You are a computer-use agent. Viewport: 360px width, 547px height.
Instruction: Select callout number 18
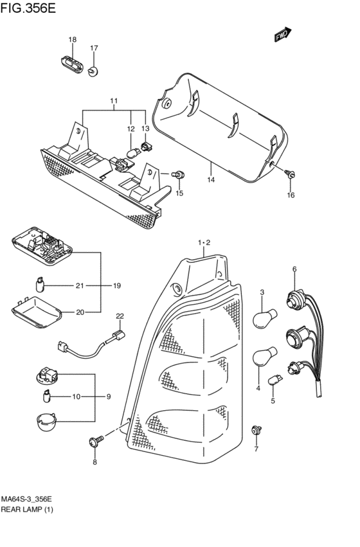click(73, 40)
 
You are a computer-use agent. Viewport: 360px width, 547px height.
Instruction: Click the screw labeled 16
click(291, 174)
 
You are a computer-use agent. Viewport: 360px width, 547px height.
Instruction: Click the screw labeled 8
click(96, 441)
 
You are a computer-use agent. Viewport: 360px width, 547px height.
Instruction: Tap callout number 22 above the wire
click(120, 316)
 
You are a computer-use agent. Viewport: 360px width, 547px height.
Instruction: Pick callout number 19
click(117, 285)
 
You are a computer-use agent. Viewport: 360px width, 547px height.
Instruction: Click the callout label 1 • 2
click(204, 242)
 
